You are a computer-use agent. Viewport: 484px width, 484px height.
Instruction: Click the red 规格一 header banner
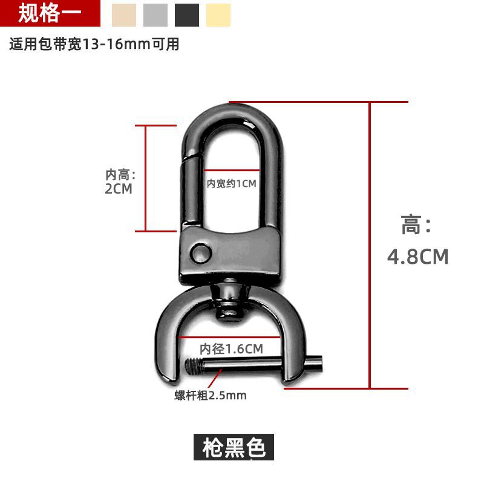(50, 13)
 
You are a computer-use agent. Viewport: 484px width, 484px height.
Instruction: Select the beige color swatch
(124, 15)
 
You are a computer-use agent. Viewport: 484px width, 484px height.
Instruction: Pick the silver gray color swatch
(155, 15)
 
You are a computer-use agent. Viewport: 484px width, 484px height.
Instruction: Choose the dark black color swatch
(187, 15)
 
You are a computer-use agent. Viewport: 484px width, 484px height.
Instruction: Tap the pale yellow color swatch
(218, 15)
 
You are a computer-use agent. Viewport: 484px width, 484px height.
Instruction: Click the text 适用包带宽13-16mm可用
(94, 44)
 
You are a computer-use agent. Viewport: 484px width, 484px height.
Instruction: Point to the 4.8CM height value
(417, 257)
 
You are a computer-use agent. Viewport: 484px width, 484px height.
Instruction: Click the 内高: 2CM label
(120, 182)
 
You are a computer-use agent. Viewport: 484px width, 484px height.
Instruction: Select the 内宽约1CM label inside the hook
(231, 184)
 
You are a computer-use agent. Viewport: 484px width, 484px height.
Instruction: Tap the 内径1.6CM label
(231, 349)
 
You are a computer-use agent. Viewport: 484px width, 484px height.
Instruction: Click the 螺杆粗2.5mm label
(210, 396)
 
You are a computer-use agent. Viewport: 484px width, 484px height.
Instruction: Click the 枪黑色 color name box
(234, 447)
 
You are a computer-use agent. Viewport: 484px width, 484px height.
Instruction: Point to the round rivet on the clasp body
(201, 253)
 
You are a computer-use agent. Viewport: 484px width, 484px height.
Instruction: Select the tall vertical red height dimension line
(370, 245)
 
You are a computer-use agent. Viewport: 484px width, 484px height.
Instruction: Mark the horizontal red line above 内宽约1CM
(232, 170)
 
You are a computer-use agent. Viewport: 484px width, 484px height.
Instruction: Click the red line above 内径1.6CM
(229, 337)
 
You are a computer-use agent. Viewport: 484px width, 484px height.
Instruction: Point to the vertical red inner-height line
(145, 178)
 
